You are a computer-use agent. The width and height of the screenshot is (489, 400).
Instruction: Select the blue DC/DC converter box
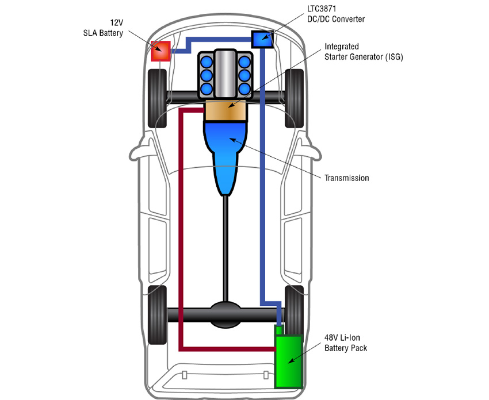point(262,39)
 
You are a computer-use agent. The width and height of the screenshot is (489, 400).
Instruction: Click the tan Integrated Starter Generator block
point(226,111)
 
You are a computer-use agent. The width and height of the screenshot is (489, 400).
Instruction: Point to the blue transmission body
point(226,152)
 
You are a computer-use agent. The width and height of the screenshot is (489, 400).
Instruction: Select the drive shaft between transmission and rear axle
point(226,247)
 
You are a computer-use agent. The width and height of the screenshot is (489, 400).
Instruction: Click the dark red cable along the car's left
point(181,230)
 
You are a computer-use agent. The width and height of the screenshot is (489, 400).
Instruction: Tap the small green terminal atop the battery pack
point(280,329)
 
